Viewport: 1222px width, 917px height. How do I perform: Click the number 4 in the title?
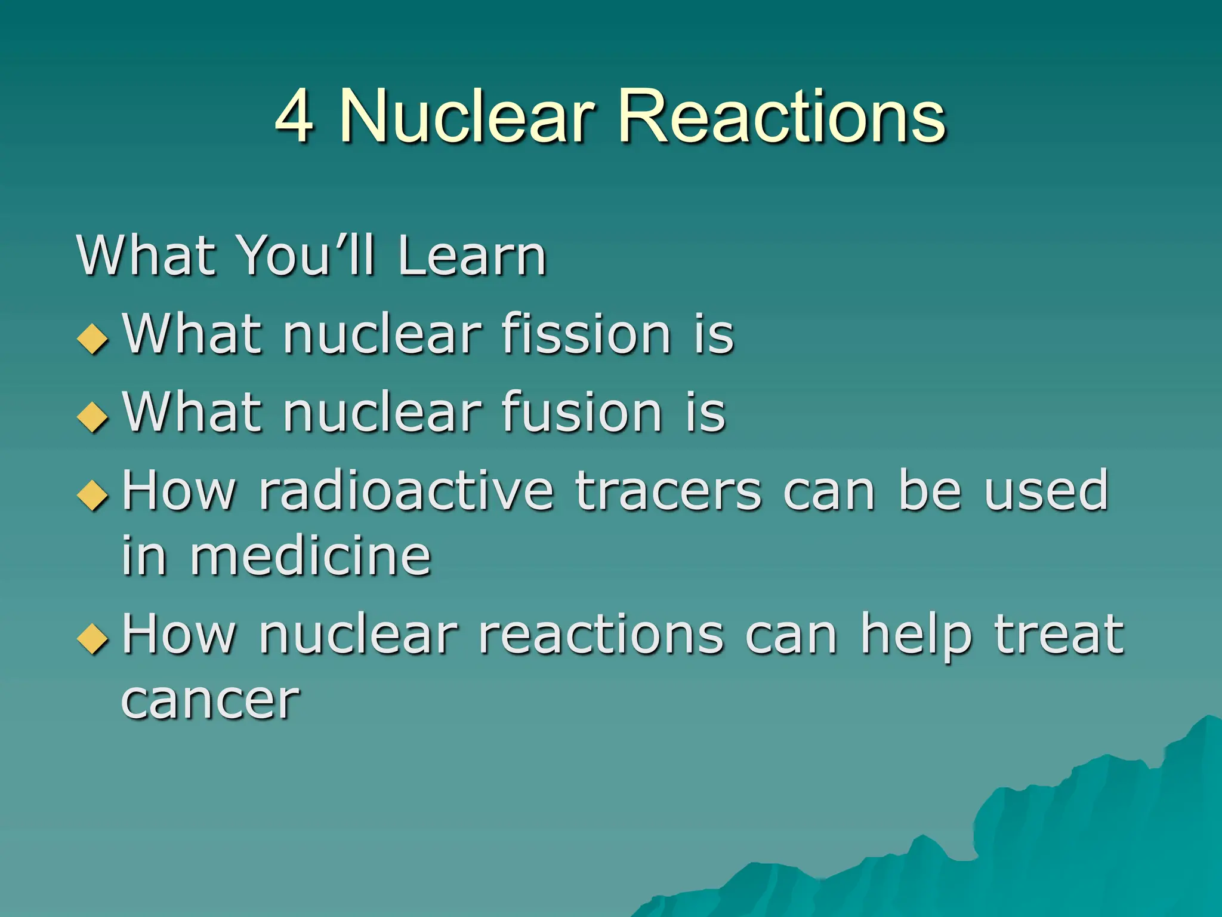click(294, 116)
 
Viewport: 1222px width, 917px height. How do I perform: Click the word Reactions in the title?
click(782, 116)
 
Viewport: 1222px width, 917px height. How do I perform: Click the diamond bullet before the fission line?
click(93, 339)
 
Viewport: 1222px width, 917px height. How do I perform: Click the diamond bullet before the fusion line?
click(93, 416)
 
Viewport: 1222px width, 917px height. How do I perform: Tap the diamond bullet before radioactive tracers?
click(93, 495)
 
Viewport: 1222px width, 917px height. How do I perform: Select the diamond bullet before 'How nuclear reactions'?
click(93, 639)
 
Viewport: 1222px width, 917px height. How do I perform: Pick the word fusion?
click(582, 411)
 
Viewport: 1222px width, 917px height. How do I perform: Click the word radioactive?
click(406, 490)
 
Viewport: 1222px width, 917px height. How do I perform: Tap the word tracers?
click(668, 490)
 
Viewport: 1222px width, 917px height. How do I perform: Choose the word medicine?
click(310, 556)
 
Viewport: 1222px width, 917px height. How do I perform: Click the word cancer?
click(210, 700)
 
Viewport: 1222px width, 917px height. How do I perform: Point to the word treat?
click(1059, 634)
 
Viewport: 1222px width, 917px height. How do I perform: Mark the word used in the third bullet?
click(1046, 490)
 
